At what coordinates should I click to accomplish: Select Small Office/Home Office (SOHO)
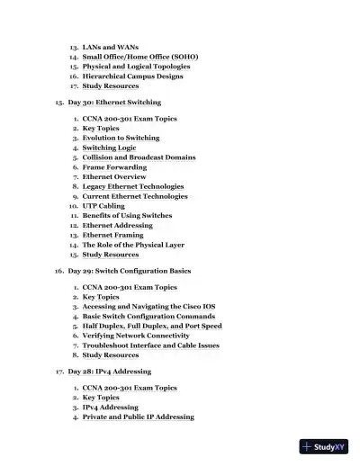pyautogui.click(x=140, y=56)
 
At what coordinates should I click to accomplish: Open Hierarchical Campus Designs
pyautogui.click(x=132, y=76)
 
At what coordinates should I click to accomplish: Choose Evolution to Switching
pyautogui.click(x=121, y=139)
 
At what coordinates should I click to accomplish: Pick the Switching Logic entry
pyautogui.click(x=109, y=148)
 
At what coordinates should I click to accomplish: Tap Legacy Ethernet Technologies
pyautogui.click(x=133, y=186)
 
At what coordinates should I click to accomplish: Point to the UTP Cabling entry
pyautogui.click(x=103, y=206)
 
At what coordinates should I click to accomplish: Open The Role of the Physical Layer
pyautogui.click(x=134, y=245)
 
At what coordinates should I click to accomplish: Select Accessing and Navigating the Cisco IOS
pyautogui.click(x=148, y=307)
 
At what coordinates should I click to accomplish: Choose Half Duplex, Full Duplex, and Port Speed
pyautogui.click(x=152, y=326)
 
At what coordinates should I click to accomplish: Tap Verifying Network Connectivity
pyautogui.click(x=136, y=336)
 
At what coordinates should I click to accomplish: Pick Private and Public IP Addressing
pyautogui.click(x=138, y=417)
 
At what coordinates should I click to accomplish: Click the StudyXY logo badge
pyautogui.click(x=325, y=446)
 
